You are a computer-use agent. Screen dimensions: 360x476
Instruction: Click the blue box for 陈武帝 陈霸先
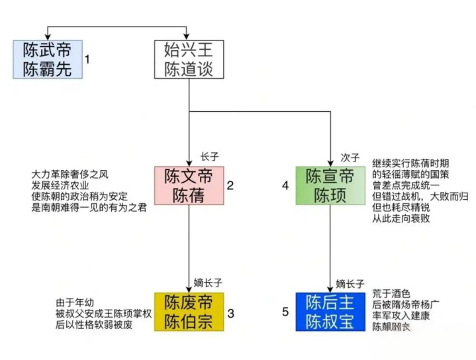[x=47, y=59]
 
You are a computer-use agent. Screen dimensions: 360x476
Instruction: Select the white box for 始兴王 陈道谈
[x=189, y=59]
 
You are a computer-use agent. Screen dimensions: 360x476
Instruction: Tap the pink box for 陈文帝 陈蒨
[x=189, y=185]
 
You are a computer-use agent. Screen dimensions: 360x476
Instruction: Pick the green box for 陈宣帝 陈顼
[x=329, y=185]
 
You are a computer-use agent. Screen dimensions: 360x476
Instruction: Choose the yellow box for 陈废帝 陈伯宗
[x=189, y=311]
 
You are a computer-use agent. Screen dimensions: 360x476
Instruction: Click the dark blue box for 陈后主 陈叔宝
[x=329, y=311]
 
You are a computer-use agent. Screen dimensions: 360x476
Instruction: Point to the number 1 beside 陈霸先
[x=87, y=60]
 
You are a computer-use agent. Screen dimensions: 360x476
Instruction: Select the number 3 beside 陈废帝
[x=230, y=312]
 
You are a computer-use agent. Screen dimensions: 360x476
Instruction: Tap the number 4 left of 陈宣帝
[x=285, y=185]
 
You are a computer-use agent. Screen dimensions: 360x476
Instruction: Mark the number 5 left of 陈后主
[x=285, y=312]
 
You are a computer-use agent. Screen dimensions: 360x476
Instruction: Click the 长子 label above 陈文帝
[x=209, y=157]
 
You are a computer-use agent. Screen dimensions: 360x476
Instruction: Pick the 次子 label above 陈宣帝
[x=350, y=157]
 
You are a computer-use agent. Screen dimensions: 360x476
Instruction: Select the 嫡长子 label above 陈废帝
[x=208, y=284]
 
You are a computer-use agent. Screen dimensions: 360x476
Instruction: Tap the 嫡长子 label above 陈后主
[x=350, y=284]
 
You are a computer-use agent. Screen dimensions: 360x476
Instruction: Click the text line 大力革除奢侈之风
[x=70, y=175]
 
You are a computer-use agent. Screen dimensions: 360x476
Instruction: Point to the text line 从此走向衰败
[x=401, y=218]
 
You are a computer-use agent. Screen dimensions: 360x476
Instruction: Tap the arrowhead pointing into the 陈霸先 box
[x=47, y=36]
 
